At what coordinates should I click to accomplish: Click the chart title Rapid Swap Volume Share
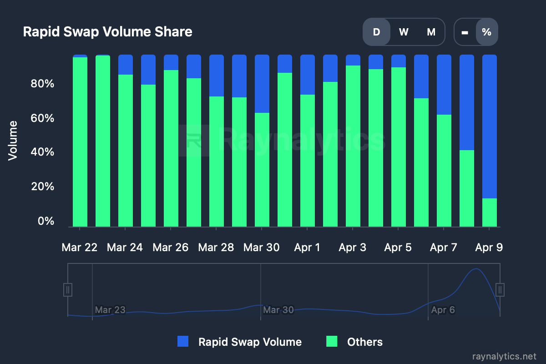click(x=107, y=32)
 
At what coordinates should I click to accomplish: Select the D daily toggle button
click(x=376, y=32)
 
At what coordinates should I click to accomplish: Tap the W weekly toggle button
click(x=404, y=32)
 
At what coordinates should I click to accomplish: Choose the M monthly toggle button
click(x=431, y=32)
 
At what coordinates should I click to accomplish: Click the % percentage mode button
click(x=486, y=32)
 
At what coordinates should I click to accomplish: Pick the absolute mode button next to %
click(x=465, y=32)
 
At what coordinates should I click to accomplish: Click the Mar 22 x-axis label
click(x=80, y=248)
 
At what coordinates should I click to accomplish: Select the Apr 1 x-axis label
click(x=307, y=248)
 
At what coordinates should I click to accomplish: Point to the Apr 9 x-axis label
click(x=489, y=248)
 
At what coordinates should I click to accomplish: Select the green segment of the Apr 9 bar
click(x=490, y=212)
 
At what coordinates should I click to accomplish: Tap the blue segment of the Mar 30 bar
click(x=262, y=84)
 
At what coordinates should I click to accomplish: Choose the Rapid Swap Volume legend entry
click(x=240, y=342)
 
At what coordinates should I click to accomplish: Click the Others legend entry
click(x=355, y=342)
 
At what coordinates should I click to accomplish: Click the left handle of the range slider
click(x=68, y=289)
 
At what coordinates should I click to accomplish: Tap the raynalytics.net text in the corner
click(x=505, y=355)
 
